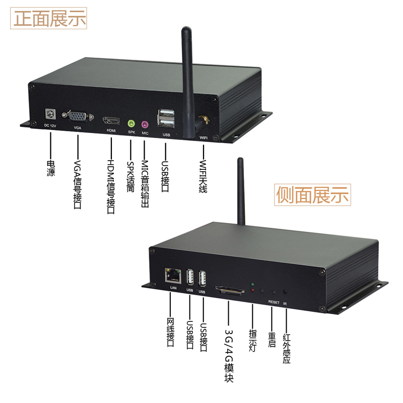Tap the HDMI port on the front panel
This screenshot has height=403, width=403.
(x=111, y=121)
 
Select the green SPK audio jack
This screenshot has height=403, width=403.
(x=131, y=123)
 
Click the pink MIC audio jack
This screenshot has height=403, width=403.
(x=145, y=123)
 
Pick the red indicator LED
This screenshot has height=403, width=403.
(x=252, y=291)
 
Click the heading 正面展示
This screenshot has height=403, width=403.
(x=49, y=19)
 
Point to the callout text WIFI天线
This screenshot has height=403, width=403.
(x=204, y=176)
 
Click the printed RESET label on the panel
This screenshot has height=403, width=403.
(x=274, y=302)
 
